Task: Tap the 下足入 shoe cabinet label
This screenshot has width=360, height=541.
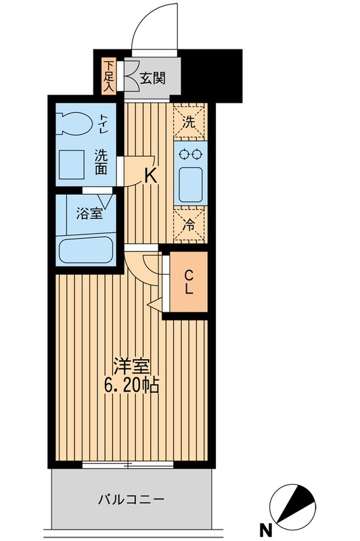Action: click(x=109, y=73)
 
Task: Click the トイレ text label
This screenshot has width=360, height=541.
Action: click(x=104, y=123)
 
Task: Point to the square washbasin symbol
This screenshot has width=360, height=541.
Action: click(x=70, y=162)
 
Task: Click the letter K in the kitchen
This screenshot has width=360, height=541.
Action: click(x=150, y=177)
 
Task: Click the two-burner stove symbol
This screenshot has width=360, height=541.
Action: click(x=189, y=154)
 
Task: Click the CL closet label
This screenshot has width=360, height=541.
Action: click(x=189, y=282)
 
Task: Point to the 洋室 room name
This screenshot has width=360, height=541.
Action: click(x=132, y=365)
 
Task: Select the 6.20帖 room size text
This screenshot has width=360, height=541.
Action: click(x=133, y=387)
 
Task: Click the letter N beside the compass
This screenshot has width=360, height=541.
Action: click(x=269, y=529)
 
